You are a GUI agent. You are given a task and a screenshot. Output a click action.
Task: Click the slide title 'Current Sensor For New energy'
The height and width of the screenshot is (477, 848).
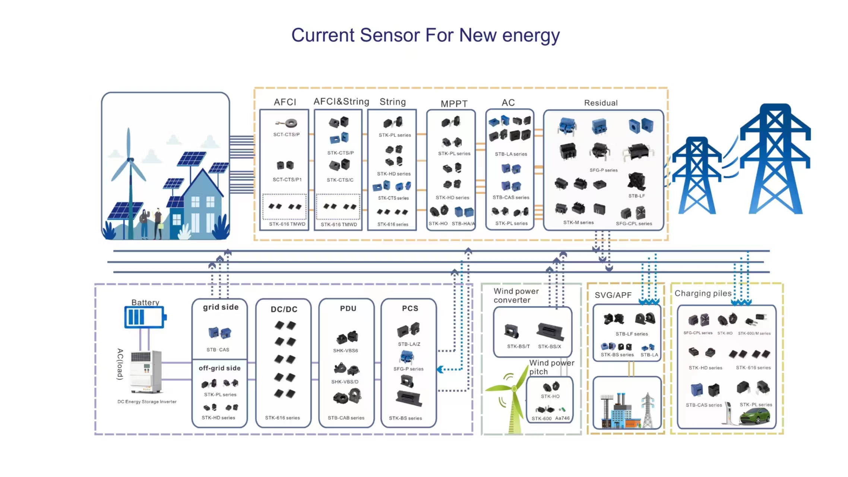[x=425, y=36]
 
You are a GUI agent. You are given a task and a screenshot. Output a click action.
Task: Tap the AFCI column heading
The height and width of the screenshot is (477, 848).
[x=285, y=102]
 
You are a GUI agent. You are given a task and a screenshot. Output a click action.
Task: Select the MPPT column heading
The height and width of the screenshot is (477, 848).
[x=454, y=104]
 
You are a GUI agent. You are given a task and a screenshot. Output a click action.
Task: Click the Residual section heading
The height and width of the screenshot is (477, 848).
[x=601, y=103]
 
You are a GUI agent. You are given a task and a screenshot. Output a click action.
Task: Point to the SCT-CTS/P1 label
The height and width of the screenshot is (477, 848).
[x=287, y=180]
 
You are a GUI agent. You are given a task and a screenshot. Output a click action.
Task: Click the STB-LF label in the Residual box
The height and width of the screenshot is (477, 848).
[x=636, y=196]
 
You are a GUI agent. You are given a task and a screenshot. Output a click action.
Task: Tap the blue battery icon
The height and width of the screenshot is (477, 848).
[x=145, y=317]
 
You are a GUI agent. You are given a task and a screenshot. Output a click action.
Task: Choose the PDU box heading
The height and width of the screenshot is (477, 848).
[x=348, y=309]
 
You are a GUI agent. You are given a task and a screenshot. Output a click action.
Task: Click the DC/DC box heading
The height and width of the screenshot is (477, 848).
[x=284, y=309]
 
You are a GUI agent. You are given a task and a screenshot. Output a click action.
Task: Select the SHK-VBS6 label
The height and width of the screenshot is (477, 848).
[x=345, y=351]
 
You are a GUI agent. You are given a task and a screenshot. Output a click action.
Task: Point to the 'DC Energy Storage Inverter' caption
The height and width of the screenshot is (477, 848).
[x=147, y=402]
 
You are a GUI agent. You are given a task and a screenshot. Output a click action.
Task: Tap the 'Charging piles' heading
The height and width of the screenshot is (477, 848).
[x=703, y=294]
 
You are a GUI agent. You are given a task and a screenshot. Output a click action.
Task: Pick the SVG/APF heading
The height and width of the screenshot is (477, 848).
[x=613, y=295]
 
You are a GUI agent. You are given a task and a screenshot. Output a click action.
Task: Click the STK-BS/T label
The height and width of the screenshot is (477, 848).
[x=518, y=347]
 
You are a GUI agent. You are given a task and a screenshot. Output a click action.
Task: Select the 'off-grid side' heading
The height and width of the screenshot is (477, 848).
[x=219, y=368]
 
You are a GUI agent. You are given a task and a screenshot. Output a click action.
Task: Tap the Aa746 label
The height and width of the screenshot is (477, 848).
[x=562, y=418]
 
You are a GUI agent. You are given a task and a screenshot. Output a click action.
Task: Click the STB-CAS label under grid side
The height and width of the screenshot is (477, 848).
[x=218, y=350]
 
